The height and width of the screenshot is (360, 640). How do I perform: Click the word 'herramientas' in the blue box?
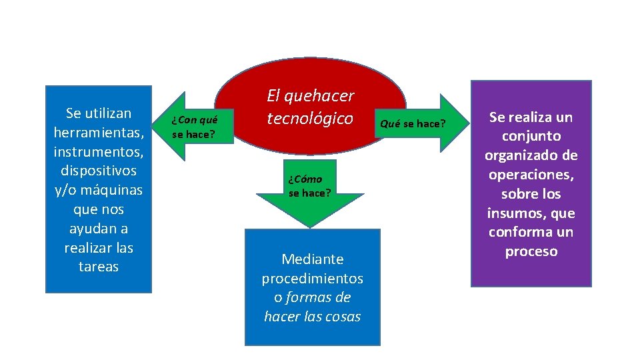pyautogui.click(x=98, y=132)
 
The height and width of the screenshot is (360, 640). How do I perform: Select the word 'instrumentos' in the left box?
pyautogui.click(x=98, y=151)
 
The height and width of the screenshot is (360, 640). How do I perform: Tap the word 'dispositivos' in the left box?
pyautogui.click(x=98, y=171)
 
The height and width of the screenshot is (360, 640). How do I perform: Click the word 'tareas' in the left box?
pyautogui.click(x=98, y=267)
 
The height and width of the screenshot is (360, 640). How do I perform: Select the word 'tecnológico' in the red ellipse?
pyautogui.click(x=310, y=119)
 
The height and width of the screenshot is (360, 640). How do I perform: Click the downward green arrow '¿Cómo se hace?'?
pyautogui.click(x=310, y=190)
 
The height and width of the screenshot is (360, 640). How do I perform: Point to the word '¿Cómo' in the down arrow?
pyautogui.click(x=305, y=179)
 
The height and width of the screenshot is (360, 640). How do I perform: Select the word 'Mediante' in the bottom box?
pyautogui.click(x=312, y=259)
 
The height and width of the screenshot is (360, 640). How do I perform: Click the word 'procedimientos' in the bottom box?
pyautogui.click(x=312, y=278)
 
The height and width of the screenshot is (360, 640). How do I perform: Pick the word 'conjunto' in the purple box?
pyautogui.click(x=531, y=137)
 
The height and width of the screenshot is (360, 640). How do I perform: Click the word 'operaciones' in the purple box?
pyautogui.click(x=531, y=175)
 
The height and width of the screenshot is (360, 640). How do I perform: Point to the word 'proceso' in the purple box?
pyautogui.click(x=531, y=251)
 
